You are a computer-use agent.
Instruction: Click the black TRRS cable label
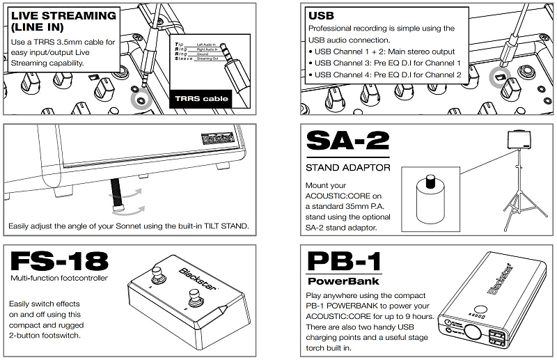point(201,99)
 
